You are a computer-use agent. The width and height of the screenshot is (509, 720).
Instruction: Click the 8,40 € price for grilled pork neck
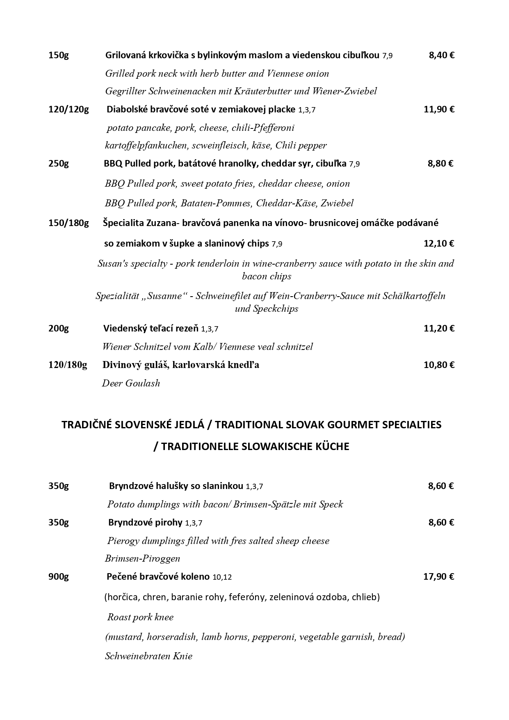(441, 55)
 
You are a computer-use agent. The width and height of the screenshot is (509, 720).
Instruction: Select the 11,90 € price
(439, 110)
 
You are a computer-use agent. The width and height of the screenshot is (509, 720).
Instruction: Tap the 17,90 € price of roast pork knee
(438, 577)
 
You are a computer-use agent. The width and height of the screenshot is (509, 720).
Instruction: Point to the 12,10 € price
(439, 244)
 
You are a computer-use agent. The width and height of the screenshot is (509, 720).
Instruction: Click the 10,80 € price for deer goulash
(439, 365)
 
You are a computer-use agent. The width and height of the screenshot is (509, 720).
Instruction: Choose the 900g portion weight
(59, 577)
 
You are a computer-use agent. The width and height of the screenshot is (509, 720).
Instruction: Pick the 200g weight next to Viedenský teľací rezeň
(59, 329)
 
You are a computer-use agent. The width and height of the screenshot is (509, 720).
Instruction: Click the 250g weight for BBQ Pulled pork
(59, 164)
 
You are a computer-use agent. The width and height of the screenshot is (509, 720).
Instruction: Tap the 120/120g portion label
(68, 110)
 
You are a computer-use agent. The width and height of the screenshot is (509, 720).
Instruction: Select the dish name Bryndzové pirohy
(145, 523)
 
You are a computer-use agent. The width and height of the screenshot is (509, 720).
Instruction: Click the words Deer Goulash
(131, 384)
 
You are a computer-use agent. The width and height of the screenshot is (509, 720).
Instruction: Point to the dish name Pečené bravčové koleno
(158, 577)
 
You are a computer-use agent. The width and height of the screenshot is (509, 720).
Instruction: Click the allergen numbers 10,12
(222, 577)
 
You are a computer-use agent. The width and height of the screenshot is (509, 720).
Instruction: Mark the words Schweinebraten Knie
(148, 656)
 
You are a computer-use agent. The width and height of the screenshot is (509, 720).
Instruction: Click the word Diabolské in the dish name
(126, 110)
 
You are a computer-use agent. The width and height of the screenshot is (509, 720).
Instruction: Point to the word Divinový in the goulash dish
(122, 365)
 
